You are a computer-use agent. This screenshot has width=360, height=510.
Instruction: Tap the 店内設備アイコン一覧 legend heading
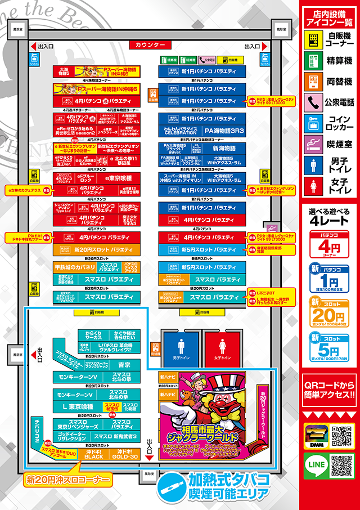pyautogui.click(x=328, y=18)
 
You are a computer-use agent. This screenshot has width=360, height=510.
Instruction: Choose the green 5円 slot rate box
pyautogui.click(x=328, y=347)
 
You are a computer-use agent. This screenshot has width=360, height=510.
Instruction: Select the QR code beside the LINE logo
pyautogui.click(x=341, y=466)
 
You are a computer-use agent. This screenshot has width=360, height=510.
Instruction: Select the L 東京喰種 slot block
pyautogui.click(x=78, y=406)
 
